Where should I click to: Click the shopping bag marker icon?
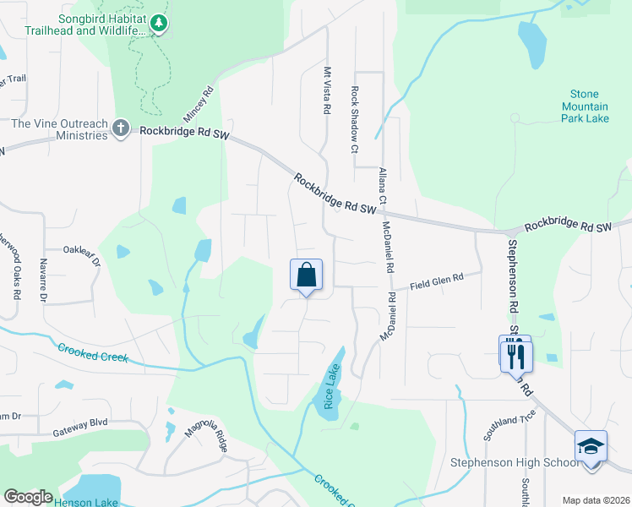tap(306, 275)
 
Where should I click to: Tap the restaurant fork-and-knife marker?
tap(515, 354)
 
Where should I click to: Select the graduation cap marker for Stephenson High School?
tap(591, 445)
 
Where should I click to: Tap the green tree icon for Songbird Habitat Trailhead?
tap(158, 25)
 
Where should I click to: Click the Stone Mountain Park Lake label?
tap(585, 106)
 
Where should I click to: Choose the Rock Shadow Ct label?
tap(355, 120)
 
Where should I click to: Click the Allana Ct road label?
tap(382, 187)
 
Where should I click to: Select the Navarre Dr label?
tap(41, 280)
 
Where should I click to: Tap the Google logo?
tap(28, 497)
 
